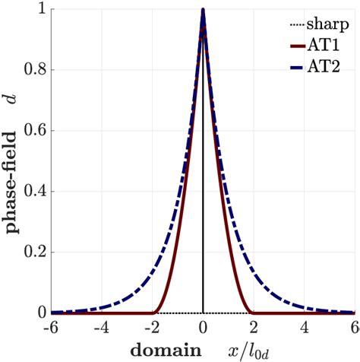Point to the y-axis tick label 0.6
click(x=33, y=131)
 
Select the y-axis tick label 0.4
click(x=33, y=192)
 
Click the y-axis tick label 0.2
click(x=33, y=252)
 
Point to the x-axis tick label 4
click(x=305, y=328)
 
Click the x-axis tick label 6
click(x=355, y=328)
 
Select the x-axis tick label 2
click(x=254, y=328)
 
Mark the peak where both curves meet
click(x=203, y=11)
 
